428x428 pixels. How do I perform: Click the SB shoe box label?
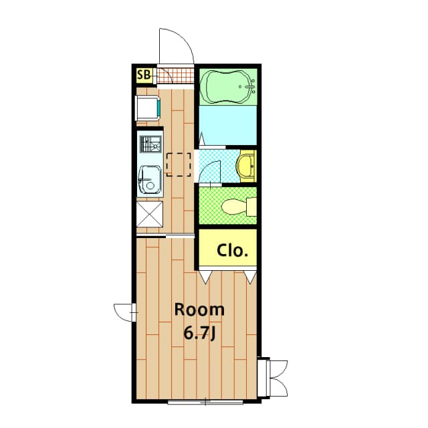144,75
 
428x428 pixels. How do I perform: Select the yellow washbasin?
247,166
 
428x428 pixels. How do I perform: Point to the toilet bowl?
235,207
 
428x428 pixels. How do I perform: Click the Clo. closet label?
232,251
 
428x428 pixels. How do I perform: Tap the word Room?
199,310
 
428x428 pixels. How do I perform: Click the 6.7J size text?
199,332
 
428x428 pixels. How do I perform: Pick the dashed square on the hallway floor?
179,164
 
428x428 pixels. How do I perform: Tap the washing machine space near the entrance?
148,107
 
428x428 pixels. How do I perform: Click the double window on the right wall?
274,377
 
